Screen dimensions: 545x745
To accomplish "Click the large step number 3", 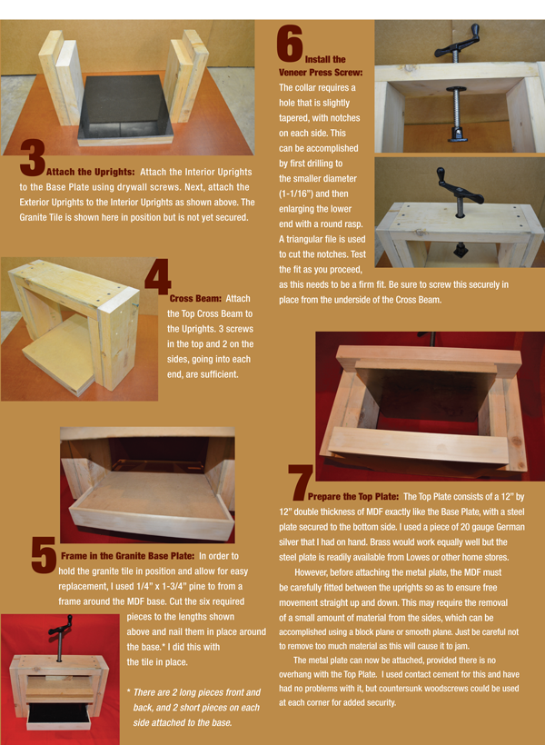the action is coord(33,158).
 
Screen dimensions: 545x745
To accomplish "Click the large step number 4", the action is coord(158,277).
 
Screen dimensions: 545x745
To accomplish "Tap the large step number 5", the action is coord(45,554).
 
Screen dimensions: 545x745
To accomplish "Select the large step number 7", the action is coord(301,482).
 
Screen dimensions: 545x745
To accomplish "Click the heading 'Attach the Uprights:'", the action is coord(91,172).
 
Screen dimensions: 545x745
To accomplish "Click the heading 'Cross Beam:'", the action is coord(195,298).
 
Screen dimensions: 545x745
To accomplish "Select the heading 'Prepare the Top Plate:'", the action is coord(353,497).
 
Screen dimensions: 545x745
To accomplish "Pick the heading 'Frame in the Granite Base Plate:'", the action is coord(127,556).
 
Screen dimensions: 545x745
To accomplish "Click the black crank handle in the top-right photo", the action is coord(457,45).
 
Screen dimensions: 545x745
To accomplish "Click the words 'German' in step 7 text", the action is coord(497,527).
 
